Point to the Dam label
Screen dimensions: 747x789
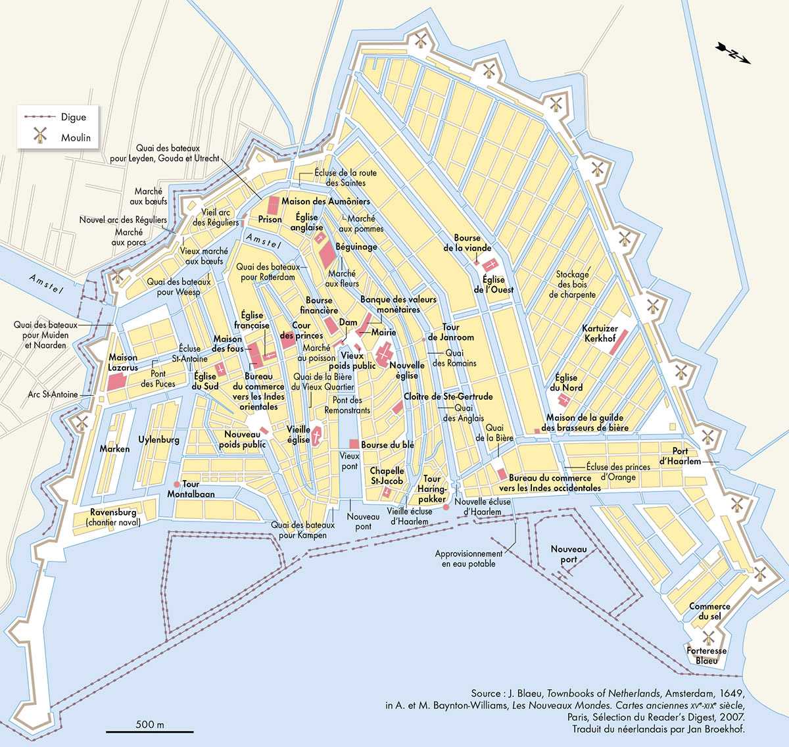[x=348, y=322]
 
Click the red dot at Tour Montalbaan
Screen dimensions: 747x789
[x=176, y=485]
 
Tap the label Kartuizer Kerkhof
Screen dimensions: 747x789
[x=600, y=333]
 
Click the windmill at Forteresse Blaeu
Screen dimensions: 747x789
[x=708, y=637]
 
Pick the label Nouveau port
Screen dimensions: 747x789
[x=569, y=554]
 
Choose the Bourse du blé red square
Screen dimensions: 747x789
[x=354, y=445]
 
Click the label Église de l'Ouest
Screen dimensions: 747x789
[x=493, y=285]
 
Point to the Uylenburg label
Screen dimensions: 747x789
[x=158, y=439]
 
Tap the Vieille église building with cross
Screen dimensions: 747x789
[x=316, y=435]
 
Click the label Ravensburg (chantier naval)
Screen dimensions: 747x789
[x=113, y=517]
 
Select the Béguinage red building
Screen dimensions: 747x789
[x=327, y=254]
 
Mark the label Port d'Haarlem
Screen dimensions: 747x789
[x=681, y=456]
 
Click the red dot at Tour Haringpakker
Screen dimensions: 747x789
[x=445, y=507]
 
